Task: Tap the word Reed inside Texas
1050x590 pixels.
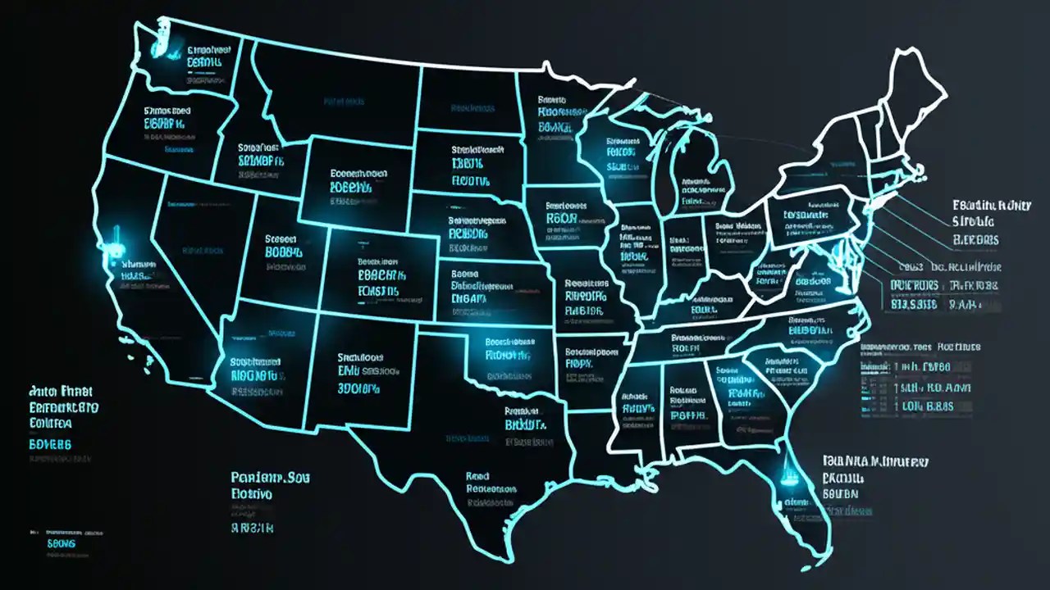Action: click(477, 475)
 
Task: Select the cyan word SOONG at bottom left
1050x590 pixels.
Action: click(62, 543)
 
